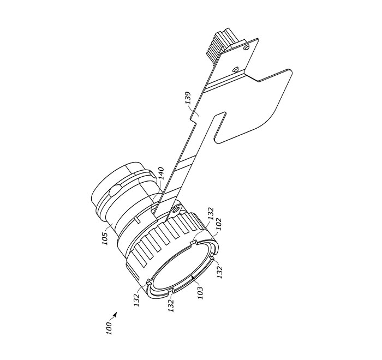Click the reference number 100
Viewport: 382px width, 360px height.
tap(109, 328)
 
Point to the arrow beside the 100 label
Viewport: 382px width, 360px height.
tap(113, 316)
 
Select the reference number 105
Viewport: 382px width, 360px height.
tap(105, 239)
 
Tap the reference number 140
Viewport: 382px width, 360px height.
tap(161, 173)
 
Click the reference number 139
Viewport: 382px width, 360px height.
tap(188, 98)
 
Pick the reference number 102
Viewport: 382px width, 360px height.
tap(219, 224)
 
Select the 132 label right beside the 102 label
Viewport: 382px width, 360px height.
tap(210, 213)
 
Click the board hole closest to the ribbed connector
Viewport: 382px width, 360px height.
tap(246, 47)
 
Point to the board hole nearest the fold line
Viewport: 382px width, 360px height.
tap(235, 69)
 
